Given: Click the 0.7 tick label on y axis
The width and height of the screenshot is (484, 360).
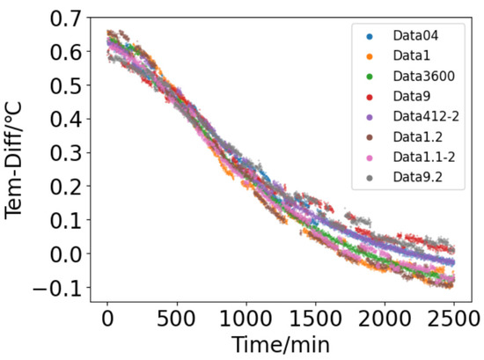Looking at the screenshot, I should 64,18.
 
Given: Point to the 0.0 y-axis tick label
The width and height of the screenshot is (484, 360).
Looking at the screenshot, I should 64,253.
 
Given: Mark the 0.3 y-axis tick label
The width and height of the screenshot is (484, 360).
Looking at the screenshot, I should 64,152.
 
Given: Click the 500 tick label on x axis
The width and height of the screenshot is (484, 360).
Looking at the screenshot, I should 177,318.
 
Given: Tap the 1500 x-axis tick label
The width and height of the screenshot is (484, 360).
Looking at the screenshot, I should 315,318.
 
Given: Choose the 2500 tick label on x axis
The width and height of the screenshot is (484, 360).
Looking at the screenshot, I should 452,318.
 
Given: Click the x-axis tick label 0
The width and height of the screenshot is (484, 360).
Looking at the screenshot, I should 107,318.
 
